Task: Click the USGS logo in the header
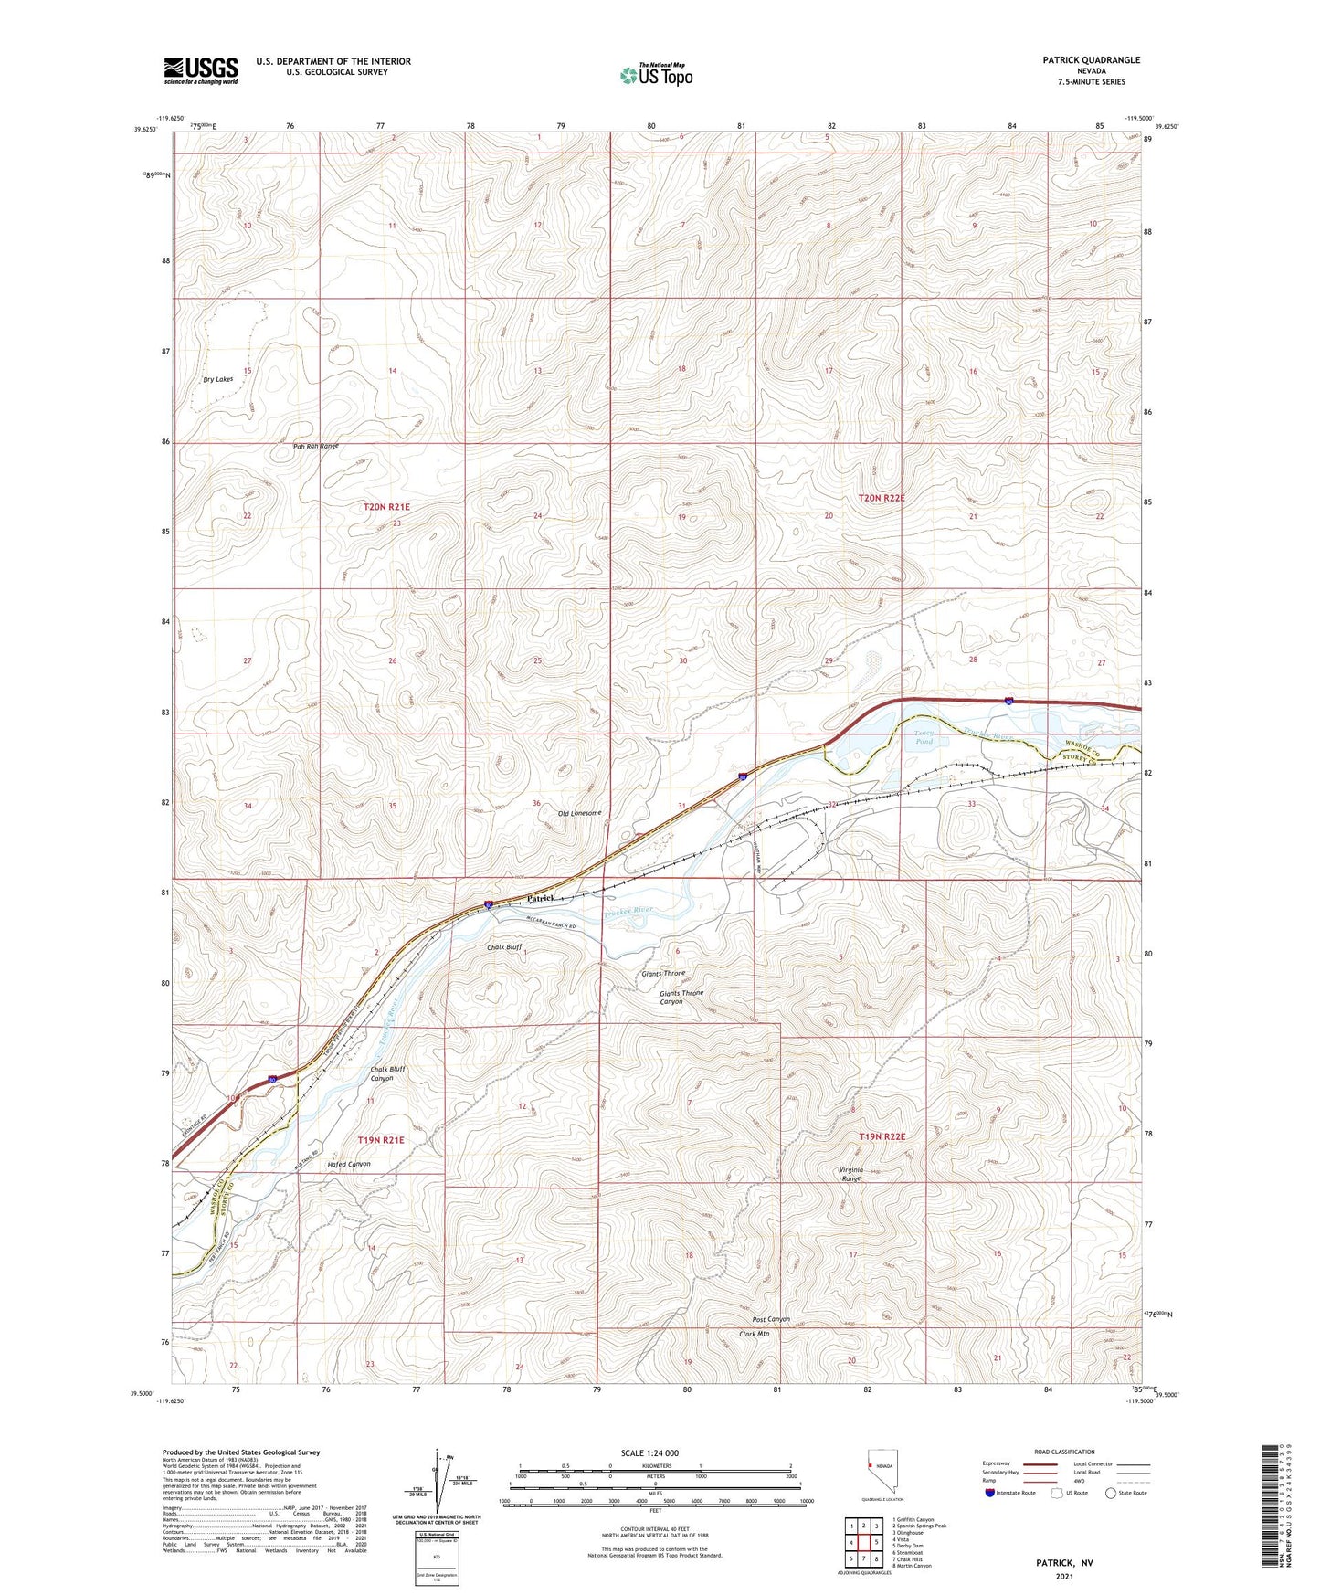200,70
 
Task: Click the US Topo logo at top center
656,75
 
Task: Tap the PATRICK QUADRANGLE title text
1091,60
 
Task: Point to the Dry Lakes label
217,379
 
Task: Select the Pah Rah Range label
315,446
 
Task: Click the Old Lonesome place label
579,813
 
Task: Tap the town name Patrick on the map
541,899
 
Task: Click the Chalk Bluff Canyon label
387,1073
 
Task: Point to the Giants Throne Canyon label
682,997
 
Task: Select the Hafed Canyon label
349,1164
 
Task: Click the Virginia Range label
850,1174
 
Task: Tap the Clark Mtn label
754,1334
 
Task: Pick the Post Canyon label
770,1319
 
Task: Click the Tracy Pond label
924,737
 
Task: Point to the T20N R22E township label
882,498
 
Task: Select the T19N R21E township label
381,1140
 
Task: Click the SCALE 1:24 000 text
649,1453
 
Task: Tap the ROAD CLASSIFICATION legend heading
1064,1452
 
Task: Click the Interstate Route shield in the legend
990,1493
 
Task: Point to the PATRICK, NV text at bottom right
1063,1563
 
